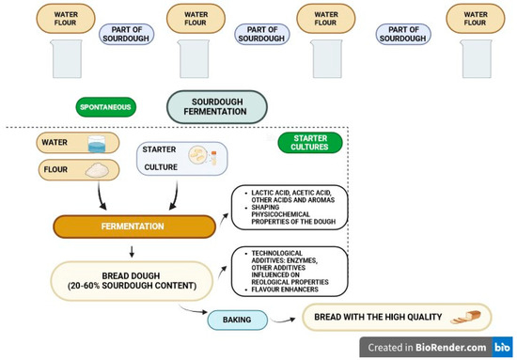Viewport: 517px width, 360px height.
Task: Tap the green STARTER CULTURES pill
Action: pos(309,144)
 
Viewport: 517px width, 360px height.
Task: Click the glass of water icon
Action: pos(97,144)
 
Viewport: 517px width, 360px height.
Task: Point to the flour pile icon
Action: pos(97,171)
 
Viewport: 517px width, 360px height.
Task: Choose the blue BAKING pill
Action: pos(236,321)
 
